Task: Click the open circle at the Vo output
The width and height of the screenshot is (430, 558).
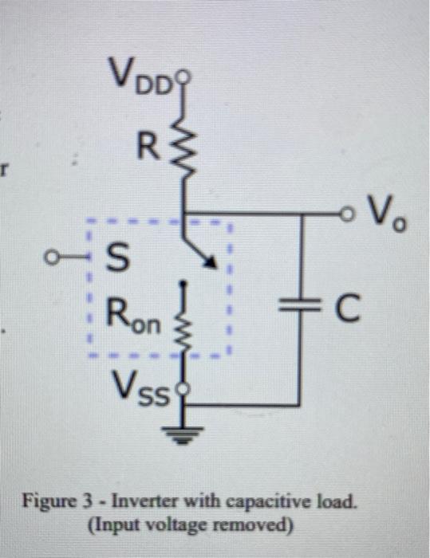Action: tap(346, 214)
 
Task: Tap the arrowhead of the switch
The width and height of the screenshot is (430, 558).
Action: tap(211, 262)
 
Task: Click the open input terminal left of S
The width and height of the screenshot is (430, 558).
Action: tap(53, 257)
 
